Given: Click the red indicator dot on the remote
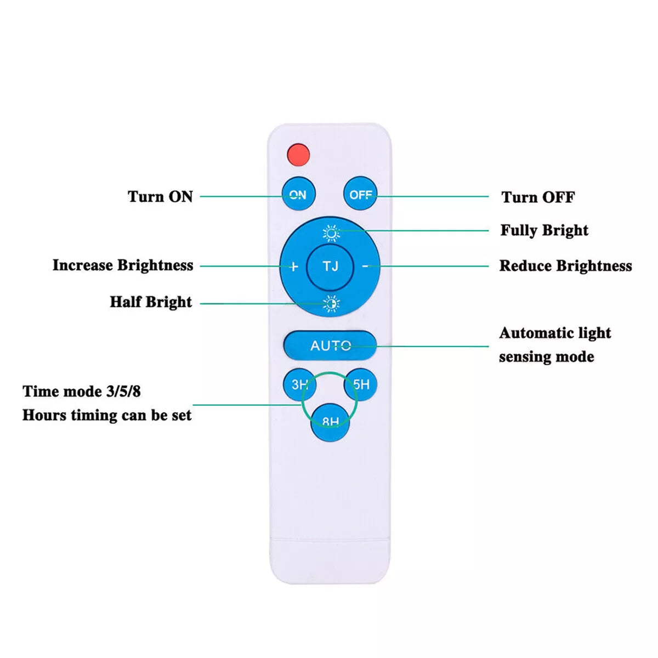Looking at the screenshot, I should [299, 154].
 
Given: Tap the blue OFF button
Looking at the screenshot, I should [360, 194].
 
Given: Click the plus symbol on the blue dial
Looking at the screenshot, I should [293, 266].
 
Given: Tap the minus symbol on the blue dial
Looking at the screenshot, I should [366, 266].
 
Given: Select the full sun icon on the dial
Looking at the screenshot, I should [331, 234].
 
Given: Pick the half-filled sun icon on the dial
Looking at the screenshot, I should [331, 303].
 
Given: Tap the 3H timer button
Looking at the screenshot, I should [299, 384].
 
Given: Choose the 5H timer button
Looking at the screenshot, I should [361, 384].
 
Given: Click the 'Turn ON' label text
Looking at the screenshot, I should [160, 196].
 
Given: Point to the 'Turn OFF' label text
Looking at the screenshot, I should [538, 197].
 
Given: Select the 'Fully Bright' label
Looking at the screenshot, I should [544, 230].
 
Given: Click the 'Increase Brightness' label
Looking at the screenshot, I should [123, 265].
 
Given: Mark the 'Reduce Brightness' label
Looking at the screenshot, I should [565, 266].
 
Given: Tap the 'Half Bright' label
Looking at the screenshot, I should [151, 302].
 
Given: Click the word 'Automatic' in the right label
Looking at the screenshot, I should [533, 333].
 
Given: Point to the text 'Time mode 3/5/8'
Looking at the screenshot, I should [82, 392].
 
